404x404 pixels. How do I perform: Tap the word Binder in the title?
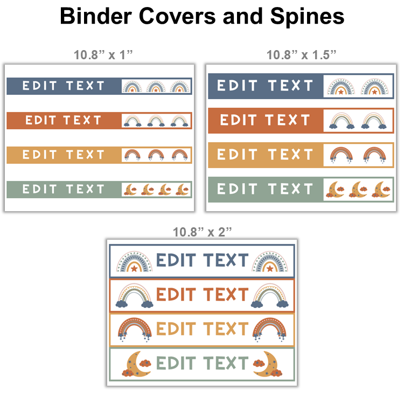tap(96, 16)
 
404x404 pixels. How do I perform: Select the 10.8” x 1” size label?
tap(103, 55)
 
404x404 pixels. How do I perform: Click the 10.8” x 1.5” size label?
tap(301, 55)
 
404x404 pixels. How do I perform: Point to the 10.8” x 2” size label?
tap(202, 232)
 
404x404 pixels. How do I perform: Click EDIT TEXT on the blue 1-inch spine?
tap(64, 86)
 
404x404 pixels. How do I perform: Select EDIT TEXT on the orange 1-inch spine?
tap(64, 120)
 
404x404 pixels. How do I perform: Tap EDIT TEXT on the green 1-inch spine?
tap(64, 190)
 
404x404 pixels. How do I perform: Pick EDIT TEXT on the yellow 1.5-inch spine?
tap(265, 155)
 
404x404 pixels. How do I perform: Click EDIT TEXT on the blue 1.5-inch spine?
tap(265, 86)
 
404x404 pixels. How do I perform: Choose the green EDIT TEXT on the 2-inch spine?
tap(202, 363)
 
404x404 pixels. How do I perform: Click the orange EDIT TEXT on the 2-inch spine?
tap(202, 294)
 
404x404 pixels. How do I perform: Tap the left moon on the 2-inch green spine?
tap(137, 364)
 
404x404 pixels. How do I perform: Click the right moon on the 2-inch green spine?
tap(268, 364)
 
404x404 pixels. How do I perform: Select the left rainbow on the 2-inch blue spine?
tap(134, 261)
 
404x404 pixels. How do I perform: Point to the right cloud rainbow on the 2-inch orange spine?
tap(270, 296)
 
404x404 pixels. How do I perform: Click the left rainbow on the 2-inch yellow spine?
tap(135, 330)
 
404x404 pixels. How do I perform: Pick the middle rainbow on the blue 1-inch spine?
tap(156, 87)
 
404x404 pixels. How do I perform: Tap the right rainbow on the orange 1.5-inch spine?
tap(374, 121)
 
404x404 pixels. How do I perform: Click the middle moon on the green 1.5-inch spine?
tap(358, 190)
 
